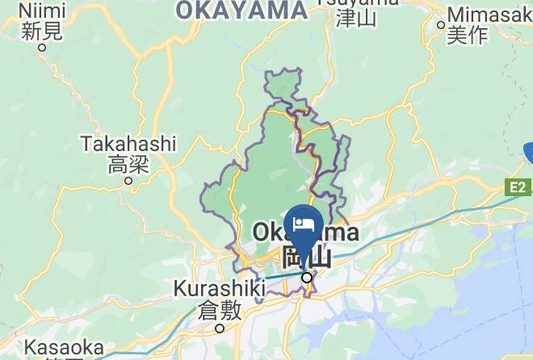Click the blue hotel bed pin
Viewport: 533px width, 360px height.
tap(304, 224)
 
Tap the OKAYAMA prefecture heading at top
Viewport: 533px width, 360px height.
tap(241, 10)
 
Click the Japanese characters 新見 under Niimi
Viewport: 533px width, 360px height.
tap(42, 31)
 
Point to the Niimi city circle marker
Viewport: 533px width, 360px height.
tap(42, 47)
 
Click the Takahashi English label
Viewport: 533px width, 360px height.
tap(128, 144)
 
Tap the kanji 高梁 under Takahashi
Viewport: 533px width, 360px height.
tap(128, 165)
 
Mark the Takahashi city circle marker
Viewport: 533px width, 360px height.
tap(128, 181)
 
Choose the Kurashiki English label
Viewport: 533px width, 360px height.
tap(220, 288)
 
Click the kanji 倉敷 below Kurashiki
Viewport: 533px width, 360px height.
tap(220, 309)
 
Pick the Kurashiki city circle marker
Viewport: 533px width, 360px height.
tap(220, 328)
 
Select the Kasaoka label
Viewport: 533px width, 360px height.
tap(64, 349)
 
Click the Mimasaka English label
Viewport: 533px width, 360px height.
tap(489, 15)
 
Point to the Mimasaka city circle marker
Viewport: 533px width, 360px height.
tap(441, 24)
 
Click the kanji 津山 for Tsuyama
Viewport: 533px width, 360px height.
tap(356, 18)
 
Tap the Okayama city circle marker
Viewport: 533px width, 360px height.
tap(307, 278)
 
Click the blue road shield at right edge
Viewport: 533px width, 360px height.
tap(528, 152)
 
